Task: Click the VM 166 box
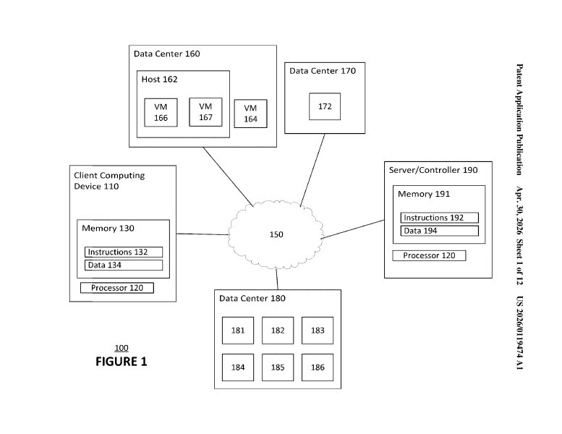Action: coord(161,112)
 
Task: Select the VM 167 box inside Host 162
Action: coord(205,112)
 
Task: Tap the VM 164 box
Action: coord(250,114)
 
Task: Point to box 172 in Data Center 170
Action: coord(325,106)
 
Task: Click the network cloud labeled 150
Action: coord(276,235)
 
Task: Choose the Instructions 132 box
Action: coord(124,252)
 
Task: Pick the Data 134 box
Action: coord(124,265)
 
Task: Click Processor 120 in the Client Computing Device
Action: coord(117,288)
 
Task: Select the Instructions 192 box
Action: coord(440,218)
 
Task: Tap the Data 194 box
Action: coord(440,231)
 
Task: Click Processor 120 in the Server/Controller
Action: coord(429,255)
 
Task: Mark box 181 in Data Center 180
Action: coord(238,331)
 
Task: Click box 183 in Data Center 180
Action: coord(318,331)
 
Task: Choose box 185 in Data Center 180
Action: coord(278,367)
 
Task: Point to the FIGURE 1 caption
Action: coord(121,362)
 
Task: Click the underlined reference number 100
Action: coord(122,348)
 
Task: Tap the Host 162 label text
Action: coord(160,79)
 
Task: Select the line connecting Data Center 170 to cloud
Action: coord(312,170)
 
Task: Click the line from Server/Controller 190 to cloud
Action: coord(353,229)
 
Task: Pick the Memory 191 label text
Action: coord(424,194)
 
